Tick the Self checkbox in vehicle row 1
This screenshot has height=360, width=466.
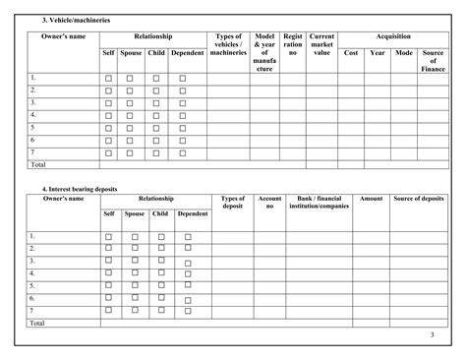coord(109,78)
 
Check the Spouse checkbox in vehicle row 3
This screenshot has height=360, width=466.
coord(130,103)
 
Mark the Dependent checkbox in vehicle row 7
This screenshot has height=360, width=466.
coord(182,153)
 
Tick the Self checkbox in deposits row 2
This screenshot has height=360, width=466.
coord(109,249)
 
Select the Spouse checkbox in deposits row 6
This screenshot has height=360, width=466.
coord(135,298)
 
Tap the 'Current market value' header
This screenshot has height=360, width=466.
coord(322,44)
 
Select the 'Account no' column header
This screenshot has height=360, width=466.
coord(268,203)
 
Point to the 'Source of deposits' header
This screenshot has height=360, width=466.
coord(419,199)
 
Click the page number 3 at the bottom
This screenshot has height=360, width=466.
coord(432,337)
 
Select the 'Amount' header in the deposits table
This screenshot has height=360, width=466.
coord(371,199)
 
